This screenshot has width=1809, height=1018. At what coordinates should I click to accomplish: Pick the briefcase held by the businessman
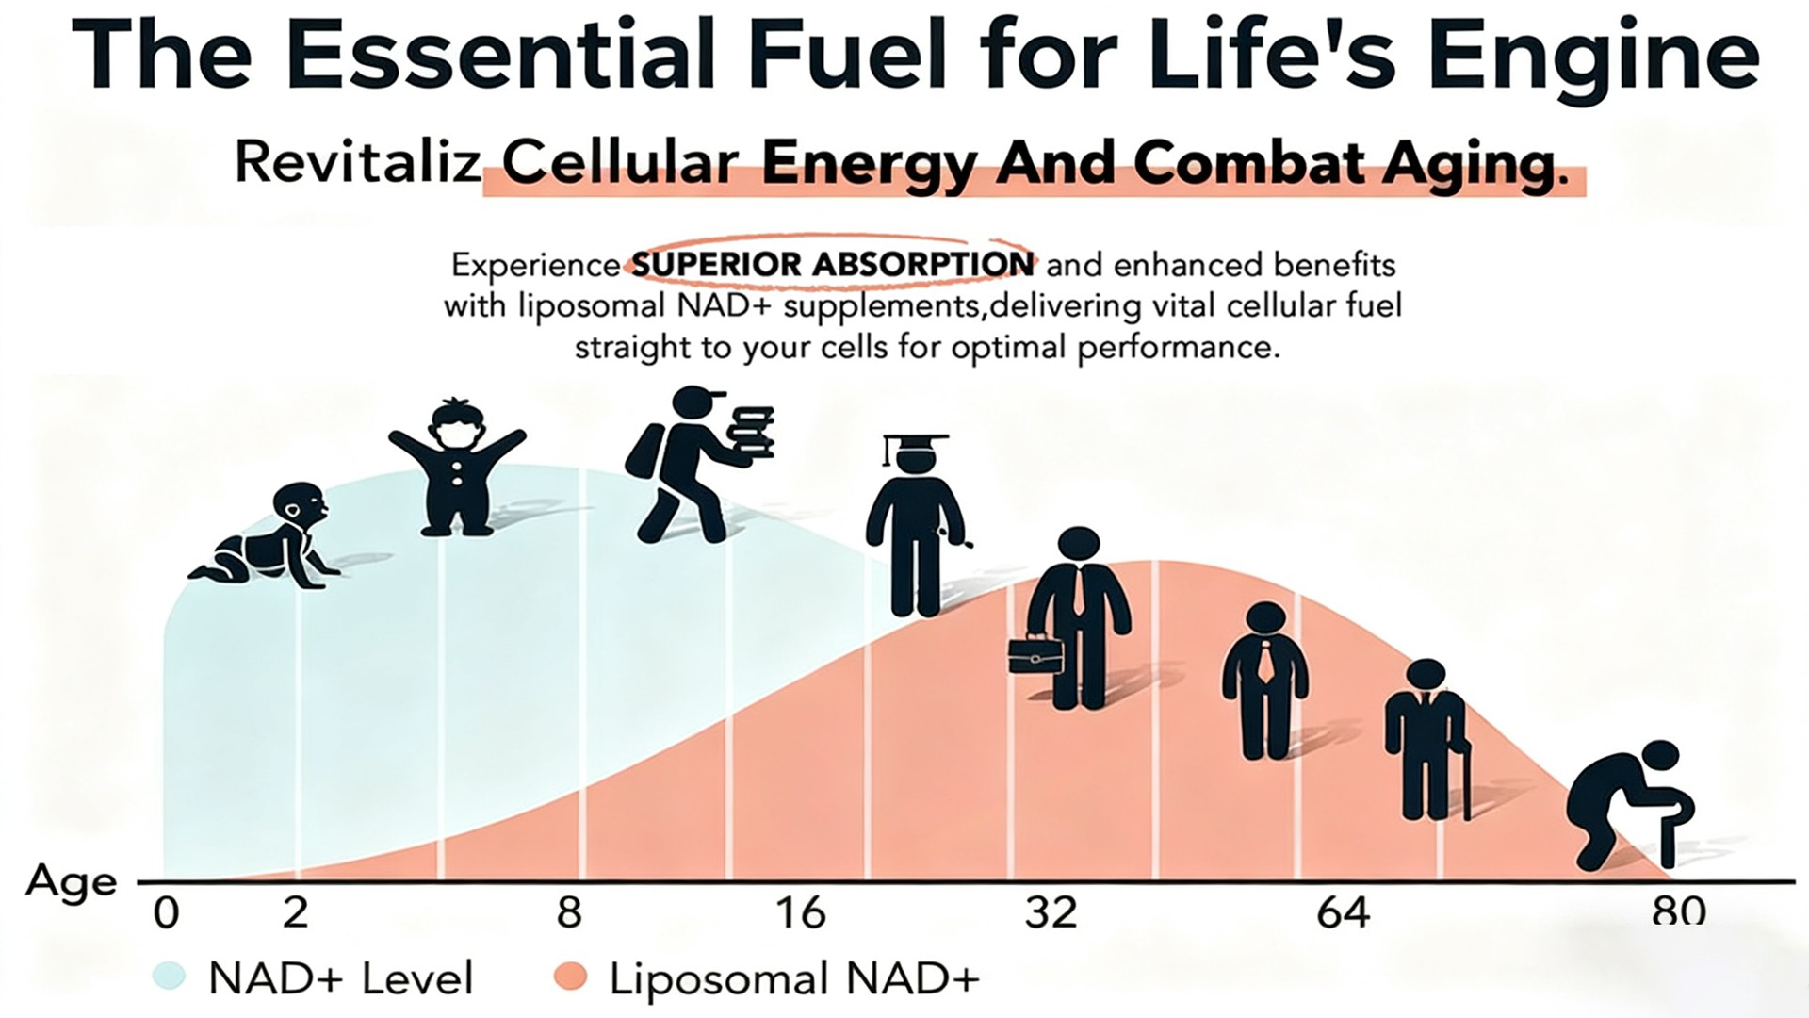(1035, 656)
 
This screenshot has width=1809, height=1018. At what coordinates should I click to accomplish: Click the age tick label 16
(801, 913)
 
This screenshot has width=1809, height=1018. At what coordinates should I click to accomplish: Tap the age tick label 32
(1051, 913)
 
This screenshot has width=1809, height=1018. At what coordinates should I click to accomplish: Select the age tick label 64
(1343, 913)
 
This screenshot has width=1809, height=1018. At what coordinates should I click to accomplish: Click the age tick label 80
(1678, 911)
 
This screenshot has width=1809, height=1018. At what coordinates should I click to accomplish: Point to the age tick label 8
(569, 913)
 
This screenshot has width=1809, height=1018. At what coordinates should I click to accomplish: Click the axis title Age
(72, 883)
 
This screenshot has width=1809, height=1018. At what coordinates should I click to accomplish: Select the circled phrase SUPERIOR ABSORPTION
(832, 264)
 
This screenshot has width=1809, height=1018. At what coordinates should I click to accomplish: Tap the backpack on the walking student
(645, 451)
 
